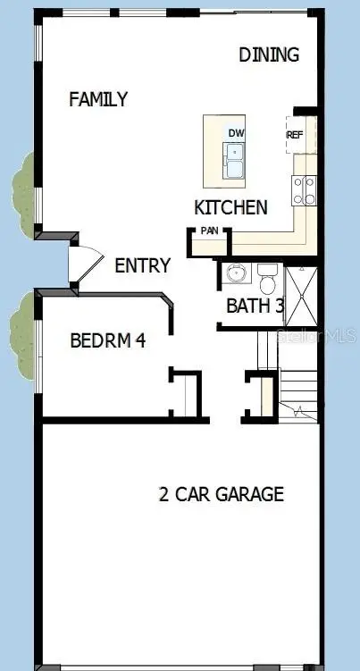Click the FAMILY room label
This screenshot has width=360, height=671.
98,99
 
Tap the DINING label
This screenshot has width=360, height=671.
269,55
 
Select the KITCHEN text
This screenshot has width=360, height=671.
230,207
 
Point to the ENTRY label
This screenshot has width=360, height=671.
143,265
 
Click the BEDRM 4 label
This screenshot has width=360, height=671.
108,340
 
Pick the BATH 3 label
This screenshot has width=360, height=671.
255,306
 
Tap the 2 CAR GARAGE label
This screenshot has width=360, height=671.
222,494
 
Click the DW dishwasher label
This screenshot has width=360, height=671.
236,133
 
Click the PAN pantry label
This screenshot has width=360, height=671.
209,231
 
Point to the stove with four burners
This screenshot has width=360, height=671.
305,190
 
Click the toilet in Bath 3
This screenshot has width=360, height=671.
269,279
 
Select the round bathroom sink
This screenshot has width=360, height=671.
236,273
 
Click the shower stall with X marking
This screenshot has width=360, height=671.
301,296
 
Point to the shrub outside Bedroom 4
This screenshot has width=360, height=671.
22,336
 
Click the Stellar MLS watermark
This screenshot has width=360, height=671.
316,336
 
